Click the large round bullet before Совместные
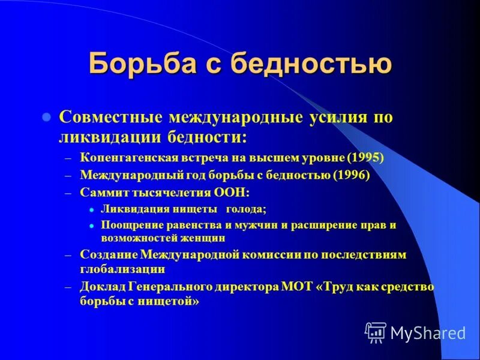46,118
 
